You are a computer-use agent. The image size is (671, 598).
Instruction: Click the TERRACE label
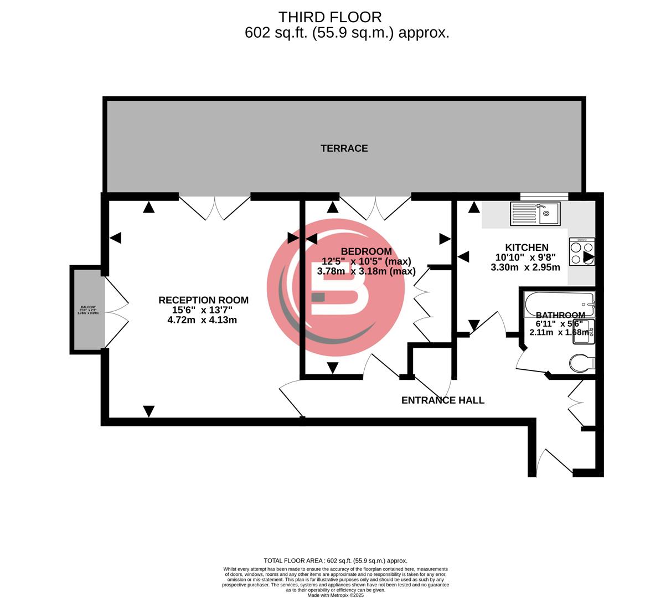344,148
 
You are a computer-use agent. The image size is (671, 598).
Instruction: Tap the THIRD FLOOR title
329,17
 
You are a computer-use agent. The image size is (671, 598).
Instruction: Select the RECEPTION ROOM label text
203,300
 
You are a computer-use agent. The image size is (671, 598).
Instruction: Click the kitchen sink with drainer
535,214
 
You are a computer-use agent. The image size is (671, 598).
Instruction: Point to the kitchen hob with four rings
581,252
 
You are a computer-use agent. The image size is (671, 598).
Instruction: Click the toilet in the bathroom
582,363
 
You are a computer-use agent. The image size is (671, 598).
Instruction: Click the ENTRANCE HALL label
442,400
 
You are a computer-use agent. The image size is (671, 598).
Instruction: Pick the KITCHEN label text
527,248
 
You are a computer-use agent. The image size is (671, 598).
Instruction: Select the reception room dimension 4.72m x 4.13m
203,320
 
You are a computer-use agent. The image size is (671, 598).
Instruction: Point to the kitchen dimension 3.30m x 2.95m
525,267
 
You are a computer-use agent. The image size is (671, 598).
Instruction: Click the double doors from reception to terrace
214,208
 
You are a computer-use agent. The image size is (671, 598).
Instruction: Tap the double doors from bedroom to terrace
375,208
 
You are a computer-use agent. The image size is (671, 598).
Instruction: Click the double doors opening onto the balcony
117,309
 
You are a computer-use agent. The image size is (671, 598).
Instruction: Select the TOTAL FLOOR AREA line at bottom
335,561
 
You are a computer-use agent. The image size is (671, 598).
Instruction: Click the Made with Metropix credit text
335,595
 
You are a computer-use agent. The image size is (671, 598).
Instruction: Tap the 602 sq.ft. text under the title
347,33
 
